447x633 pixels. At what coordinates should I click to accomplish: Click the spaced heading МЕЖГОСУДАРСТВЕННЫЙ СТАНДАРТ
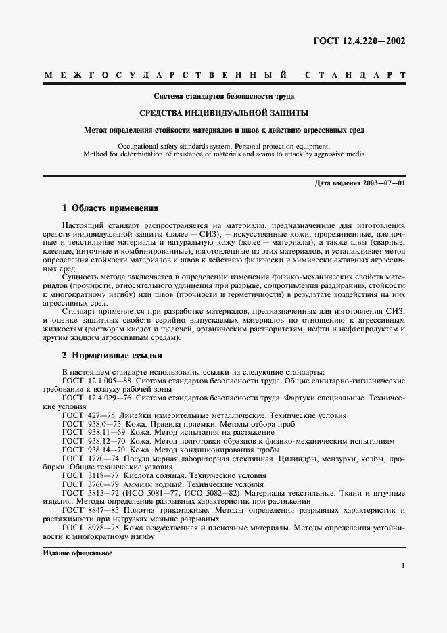pyautogui.click(x=224, y=74)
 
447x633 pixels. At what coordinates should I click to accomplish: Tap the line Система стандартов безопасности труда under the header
pyautogui.click(x=224, y=96)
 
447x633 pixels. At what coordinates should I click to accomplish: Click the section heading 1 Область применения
pyautogui.click(x=110, y=209)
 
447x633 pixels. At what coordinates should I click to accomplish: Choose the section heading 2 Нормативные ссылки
pyautogui.click(x=112, y=356)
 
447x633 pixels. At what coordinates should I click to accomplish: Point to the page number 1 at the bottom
pyautogui.click(x=402, y=565)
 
